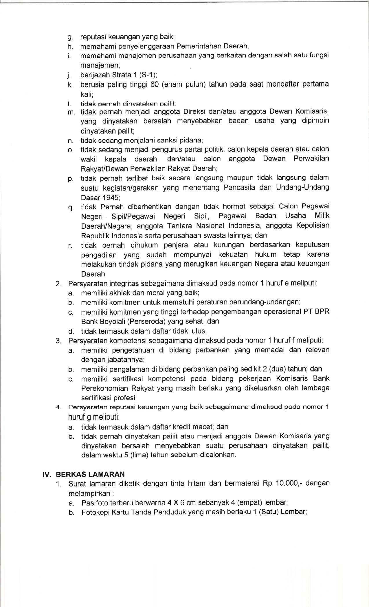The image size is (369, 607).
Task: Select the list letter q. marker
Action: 71,208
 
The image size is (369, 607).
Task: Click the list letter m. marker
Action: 71,112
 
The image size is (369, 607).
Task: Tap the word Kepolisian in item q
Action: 313,225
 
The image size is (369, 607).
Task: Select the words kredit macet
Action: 193,426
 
